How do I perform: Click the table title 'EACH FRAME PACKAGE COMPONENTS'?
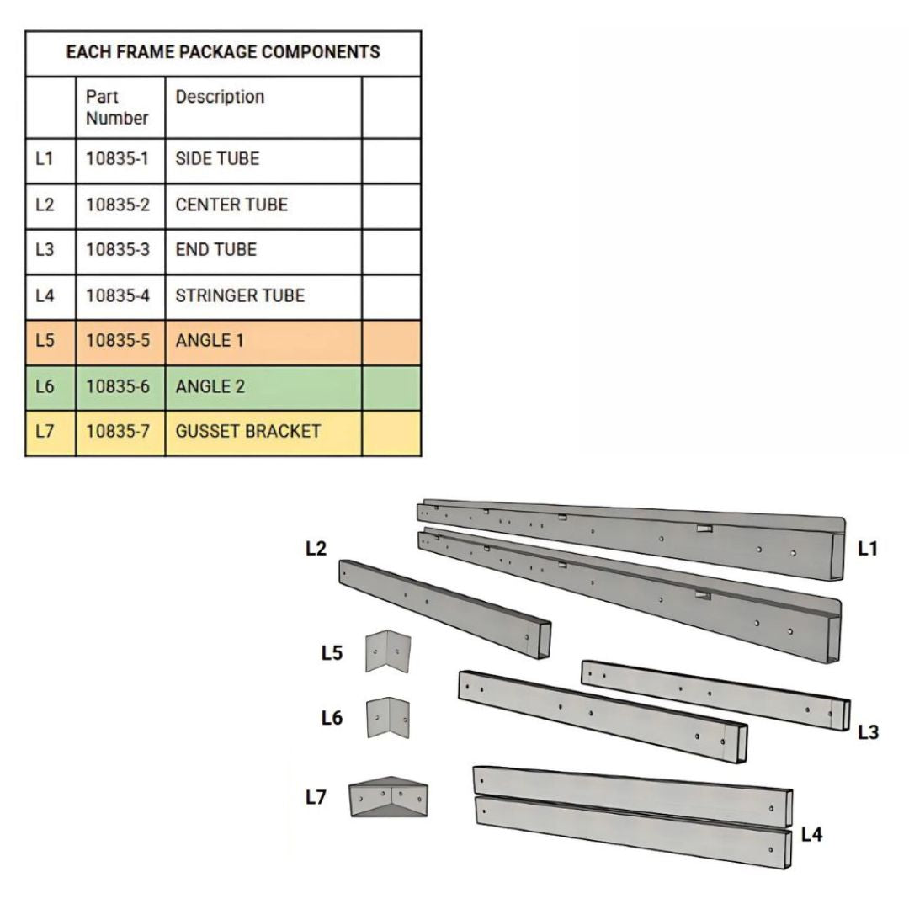[223, 52]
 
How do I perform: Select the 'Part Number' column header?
[117, 107]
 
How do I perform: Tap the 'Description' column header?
[220, 97]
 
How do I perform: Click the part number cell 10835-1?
[118, 159]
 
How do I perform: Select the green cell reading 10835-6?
[118, 386]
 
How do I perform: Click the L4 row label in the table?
[45, 295]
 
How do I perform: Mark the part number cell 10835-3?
[118, 250]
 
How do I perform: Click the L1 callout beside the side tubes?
[868, 549]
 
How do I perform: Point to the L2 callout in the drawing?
[316, 549]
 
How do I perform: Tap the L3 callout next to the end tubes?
[869, 733]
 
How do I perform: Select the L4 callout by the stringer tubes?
[811, 835]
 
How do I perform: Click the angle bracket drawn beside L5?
[388, 651]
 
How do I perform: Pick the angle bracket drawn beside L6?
[388, 718]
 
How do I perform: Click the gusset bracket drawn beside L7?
[388, 797]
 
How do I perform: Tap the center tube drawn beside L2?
[444, 609]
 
